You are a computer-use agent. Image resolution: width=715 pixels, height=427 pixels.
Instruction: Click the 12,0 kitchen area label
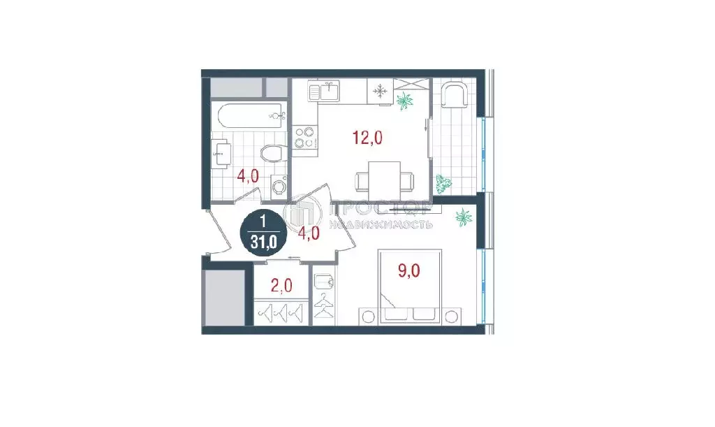pos(367,137)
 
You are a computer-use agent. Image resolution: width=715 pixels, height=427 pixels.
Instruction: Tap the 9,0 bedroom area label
pos(409,270)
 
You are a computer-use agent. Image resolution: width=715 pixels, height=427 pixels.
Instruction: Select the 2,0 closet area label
pos(281,286)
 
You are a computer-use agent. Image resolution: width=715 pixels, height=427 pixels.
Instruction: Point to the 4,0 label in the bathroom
pos(248,175)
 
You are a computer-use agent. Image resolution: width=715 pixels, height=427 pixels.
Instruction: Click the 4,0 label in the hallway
pos(308,233)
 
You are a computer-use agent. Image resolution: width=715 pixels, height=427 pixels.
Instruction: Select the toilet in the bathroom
pos(273,153)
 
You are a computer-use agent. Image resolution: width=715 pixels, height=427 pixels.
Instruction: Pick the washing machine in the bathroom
pos(278,186)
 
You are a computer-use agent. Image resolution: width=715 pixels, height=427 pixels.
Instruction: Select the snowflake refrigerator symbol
pos(380,92)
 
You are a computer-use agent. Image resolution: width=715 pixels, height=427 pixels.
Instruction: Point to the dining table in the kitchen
pos(385,182)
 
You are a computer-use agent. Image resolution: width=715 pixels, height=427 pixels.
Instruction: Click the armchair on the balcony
pos(455,95)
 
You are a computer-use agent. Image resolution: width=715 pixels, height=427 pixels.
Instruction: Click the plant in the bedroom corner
pos(464,217)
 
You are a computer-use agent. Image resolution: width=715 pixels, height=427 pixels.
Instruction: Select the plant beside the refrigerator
pos(404,101)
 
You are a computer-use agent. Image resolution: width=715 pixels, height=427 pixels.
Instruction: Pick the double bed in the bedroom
pos(409,286)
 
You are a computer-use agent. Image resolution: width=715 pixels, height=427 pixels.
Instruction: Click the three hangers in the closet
pos(281,312)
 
